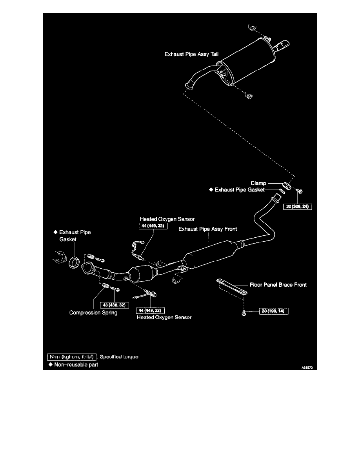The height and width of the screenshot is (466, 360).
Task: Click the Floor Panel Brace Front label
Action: [x=278, y=285]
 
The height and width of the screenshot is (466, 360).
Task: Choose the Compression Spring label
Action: [x=93, y=313]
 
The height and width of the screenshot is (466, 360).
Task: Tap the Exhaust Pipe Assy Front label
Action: [x=207, y=228]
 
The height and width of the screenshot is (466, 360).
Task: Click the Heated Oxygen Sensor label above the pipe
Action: [x=161, y=218]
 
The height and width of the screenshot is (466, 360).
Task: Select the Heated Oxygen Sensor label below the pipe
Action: [x=164, y=317]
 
